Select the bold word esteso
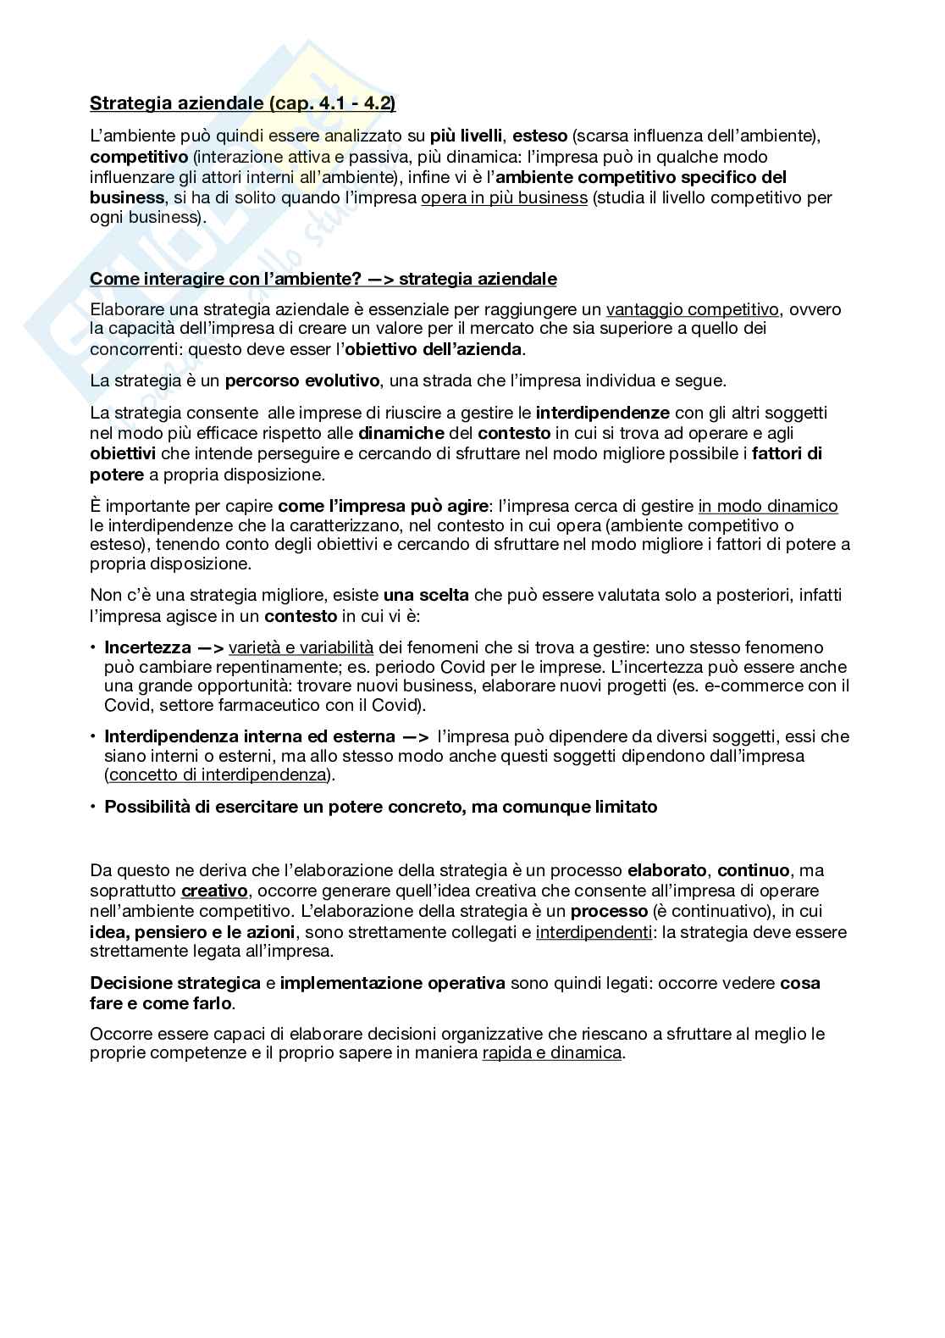click(x=540, y=136)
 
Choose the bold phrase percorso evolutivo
click(x=302, y=381)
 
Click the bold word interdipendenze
click(x=602, y=413)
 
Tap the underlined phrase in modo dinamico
click(x=768, y=506)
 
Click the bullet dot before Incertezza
click(x=93, y=647)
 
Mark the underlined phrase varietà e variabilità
click(x=301, y=647)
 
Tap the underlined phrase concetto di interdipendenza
click(x=218, y=774)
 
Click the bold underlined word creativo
click(x=214, y=891)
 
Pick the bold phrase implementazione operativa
click(x=392, y=983)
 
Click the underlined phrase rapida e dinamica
click(x=552, y=1053)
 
